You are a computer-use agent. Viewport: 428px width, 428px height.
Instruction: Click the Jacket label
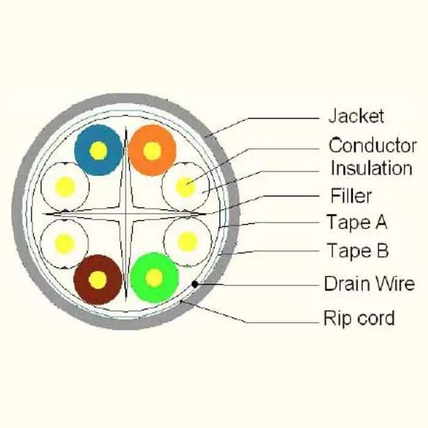point(356,115)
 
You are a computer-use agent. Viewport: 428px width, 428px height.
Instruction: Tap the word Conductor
point(372,146)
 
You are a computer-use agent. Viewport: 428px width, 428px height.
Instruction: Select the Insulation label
point(371,168)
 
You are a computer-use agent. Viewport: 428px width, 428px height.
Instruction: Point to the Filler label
point(351,196)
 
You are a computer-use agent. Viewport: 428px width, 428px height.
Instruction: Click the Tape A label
point(356,222)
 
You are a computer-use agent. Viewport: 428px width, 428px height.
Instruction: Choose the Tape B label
point(357,250)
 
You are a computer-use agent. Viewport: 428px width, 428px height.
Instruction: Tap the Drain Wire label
point(369,284)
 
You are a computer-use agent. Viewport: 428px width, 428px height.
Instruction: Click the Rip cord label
point(359,318)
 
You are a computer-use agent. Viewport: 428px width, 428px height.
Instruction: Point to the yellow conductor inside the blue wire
point(98,150)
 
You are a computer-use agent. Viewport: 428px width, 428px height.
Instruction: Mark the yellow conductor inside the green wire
point(154,278)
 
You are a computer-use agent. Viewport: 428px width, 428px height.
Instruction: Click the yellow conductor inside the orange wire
point(152,150)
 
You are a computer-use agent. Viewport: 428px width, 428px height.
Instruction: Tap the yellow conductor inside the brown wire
point(97,279)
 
